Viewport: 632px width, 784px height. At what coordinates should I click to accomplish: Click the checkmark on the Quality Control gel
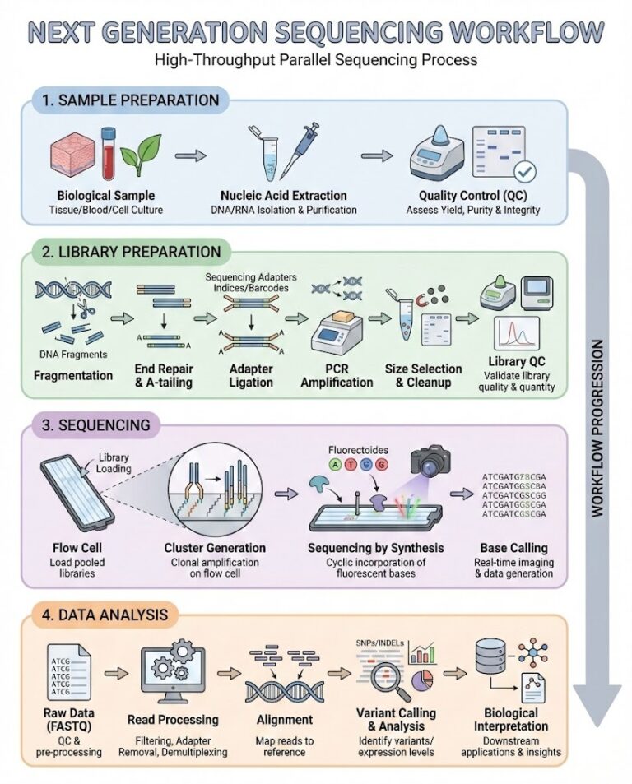coord(524,172)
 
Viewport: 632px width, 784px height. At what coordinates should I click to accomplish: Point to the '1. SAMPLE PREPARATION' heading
coord(131,101)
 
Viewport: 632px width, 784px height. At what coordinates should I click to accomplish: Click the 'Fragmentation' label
coord(73,375)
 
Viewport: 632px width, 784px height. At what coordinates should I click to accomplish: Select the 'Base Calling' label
coord(513,548)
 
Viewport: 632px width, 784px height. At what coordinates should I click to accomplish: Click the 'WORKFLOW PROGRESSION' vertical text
coord(597,427)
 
